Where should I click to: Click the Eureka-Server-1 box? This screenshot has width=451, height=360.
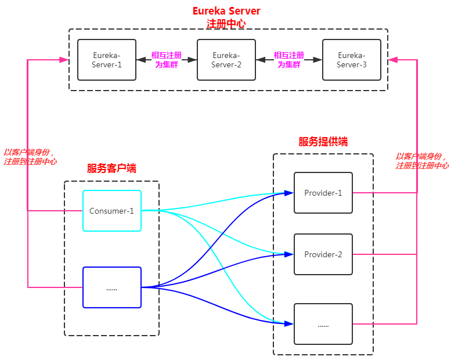click(107, 60)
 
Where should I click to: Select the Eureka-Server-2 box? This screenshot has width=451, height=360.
click(226, 60)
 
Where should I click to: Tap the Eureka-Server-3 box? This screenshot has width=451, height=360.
click(352, 60)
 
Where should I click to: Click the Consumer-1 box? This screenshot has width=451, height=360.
click(111, 211)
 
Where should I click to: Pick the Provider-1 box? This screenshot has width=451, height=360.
click(323, 193)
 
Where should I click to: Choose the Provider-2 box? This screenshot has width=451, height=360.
click(323, 254)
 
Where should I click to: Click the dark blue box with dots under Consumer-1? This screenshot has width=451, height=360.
click(111, 287)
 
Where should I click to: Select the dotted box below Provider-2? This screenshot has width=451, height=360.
click(323, 324)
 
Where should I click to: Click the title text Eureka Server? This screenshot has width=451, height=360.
click(226, 11)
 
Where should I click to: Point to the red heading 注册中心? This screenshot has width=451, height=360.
click(226, 24)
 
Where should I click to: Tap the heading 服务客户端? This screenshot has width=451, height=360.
click(111, 168)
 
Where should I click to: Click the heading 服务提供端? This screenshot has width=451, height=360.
click(323, 142)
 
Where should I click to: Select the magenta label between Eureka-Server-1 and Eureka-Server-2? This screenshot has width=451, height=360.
click(167, 60)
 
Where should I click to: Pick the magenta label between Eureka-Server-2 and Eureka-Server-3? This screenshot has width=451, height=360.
click(289, 60)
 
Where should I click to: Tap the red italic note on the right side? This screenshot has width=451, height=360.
click(422, 161)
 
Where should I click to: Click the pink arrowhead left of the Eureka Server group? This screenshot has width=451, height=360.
click(64, 60)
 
